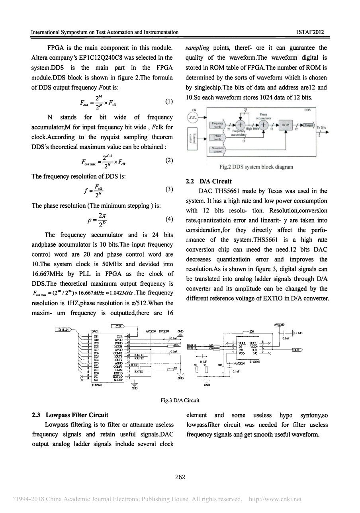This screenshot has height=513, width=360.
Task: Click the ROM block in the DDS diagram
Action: point(285,125)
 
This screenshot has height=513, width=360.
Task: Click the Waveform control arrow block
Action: point(217,150)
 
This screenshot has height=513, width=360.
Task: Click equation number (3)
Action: point(169,189)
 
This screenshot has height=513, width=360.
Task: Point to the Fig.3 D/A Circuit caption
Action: point(180,400)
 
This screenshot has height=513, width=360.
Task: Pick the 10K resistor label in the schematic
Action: point(176,345)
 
